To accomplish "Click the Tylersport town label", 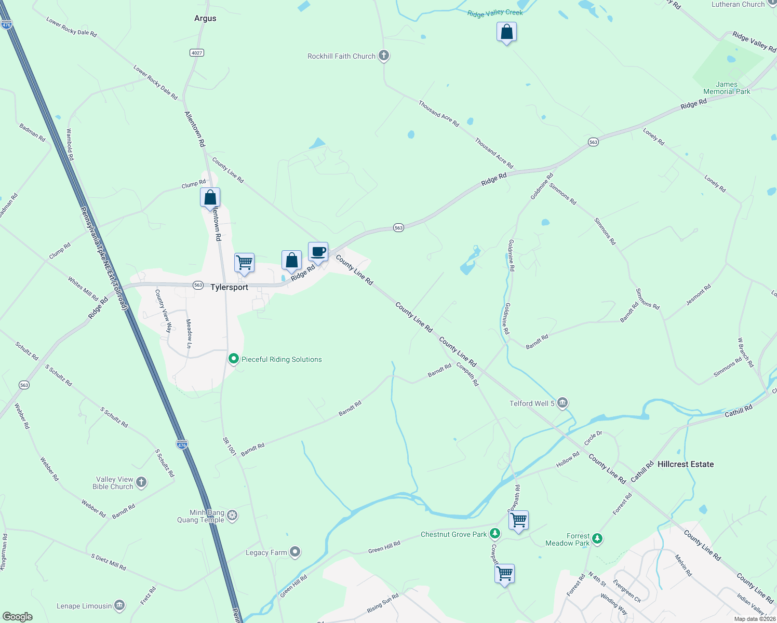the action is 229,287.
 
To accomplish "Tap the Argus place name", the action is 205,18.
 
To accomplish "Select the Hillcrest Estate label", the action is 686,464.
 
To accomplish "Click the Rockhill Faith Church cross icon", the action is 384,56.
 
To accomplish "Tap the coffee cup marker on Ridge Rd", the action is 318,252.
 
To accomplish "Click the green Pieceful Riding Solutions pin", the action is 234,359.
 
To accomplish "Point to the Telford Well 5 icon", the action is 562,403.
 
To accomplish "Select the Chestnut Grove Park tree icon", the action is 495,534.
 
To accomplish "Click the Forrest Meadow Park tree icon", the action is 597,539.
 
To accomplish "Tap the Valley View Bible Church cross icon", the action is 141,482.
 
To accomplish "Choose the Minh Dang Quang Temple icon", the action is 233,516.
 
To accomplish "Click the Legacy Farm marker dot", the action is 295,552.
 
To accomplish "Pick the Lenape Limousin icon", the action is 119,605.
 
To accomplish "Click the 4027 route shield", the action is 196,53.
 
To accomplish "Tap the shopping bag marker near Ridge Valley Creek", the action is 506,33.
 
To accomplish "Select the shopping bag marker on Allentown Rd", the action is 210,198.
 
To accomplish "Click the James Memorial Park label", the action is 727,88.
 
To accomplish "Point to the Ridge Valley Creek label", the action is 495,13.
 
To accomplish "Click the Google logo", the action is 18,616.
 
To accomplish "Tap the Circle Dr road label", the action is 593,438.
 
